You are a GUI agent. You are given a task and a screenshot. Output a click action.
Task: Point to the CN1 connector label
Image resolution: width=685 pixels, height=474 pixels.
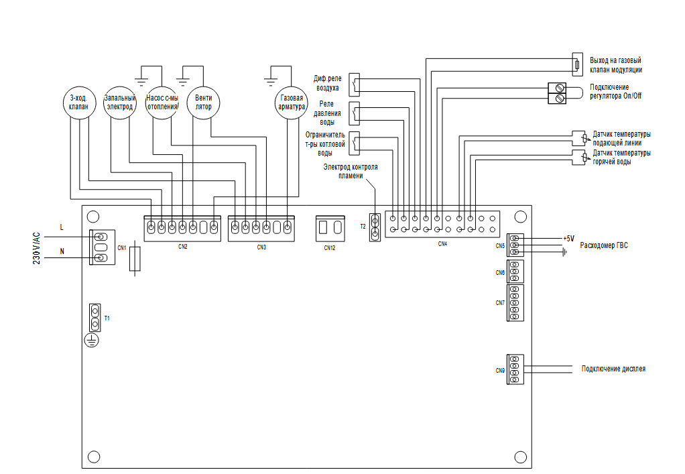(x=122, y=248)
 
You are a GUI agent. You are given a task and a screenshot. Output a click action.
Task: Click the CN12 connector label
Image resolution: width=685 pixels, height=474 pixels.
(x=330, y=247)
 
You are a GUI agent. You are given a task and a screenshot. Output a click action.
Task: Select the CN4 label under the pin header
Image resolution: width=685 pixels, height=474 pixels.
(x=442, y=244)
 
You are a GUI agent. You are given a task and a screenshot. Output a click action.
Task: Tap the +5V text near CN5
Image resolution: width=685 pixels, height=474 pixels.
(x=569, y=239)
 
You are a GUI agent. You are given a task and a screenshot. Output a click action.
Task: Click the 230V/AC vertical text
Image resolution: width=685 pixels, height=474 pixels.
(x=37, y=248)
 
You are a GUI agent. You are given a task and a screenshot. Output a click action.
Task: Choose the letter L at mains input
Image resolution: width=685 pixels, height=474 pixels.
(x=62, y=227)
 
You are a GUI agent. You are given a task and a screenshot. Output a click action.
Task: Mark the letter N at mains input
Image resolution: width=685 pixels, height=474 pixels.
(x=62, y=251)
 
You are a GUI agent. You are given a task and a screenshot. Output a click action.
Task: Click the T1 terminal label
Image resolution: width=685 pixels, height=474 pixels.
(x=107, y=318)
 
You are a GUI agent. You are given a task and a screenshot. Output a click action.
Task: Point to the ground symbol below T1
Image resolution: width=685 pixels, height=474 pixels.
(x=92, y=340)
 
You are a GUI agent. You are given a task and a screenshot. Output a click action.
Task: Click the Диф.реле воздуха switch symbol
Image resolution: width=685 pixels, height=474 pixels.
(x=355, y=84)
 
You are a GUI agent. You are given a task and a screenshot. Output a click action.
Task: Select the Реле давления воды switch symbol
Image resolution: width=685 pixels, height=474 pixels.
(x=355, y=113)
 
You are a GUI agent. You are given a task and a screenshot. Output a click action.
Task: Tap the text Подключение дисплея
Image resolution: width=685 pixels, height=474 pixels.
(x=613, y=369)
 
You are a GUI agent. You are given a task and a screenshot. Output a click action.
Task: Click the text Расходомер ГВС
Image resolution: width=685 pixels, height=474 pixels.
(x=604, y=245)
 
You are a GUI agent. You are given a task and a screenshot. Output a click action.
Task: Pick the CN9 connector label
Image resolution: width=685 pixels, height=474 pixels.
(x=500, y=371)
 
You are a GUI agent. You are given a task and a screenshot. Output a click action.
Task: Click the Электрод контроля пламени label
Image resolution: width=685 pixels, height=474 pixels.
(x=351, y=171)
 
